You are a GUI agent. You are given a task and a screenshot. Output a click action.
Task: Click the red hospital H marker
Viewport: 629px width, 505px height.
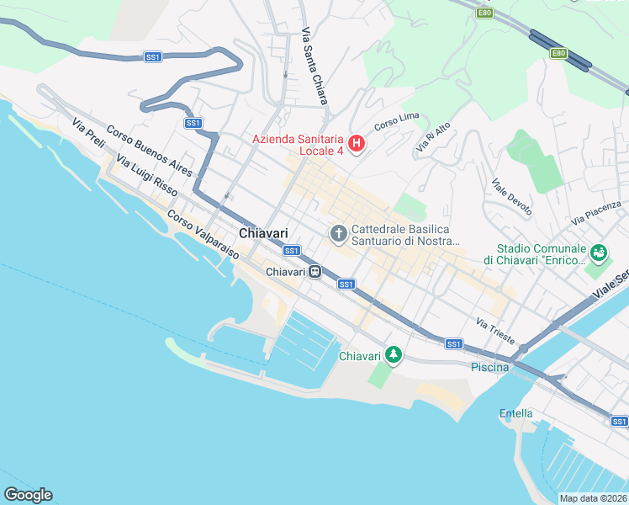point(356,145)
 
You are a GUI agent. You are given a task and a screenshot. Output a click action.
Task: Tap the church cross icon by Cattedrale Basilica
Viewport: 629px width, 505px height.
point(339,233)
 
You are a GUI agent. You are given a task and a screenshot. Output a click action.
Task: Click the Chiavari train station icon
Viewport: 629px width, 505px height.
point(314,272)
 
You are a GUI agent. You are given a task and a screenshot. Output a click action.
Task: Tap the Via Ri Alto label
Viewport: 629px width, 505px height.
point(433,136)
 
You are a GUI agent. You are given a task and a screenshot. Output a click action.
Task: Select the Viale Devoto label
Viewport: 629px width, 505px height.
point(511,197)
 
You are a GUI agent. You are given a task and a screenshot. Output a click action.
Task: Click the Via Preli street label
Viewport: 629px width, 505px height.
point(88,134)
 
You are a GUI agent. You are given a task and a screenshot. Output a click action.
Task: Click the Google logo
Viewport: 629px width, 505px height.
point(29,495)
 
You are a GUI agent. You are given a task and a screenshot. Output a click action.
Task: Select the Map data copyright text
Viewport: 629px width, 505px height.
point(593,498)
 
